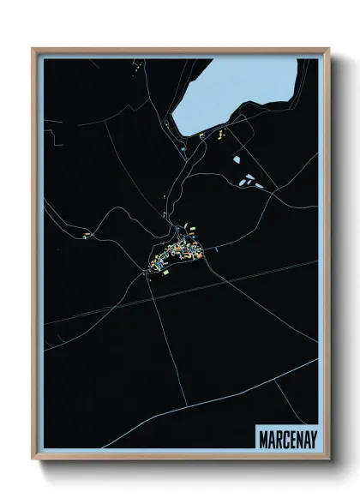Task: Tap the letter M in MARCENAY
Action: [x=261, y=438]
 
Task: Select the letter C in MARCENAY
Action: [x=280, y=438]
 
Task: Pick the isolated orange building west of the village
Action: [x=86, y=234]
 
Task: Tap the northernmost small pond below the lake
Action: [x=237, y=159]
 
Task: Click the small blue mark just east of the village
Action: [x=216, y=249]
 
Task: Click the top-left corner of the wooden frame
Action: [x=33, y=50]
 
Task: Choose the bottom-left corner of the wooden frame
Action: [x=33, y=459]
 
